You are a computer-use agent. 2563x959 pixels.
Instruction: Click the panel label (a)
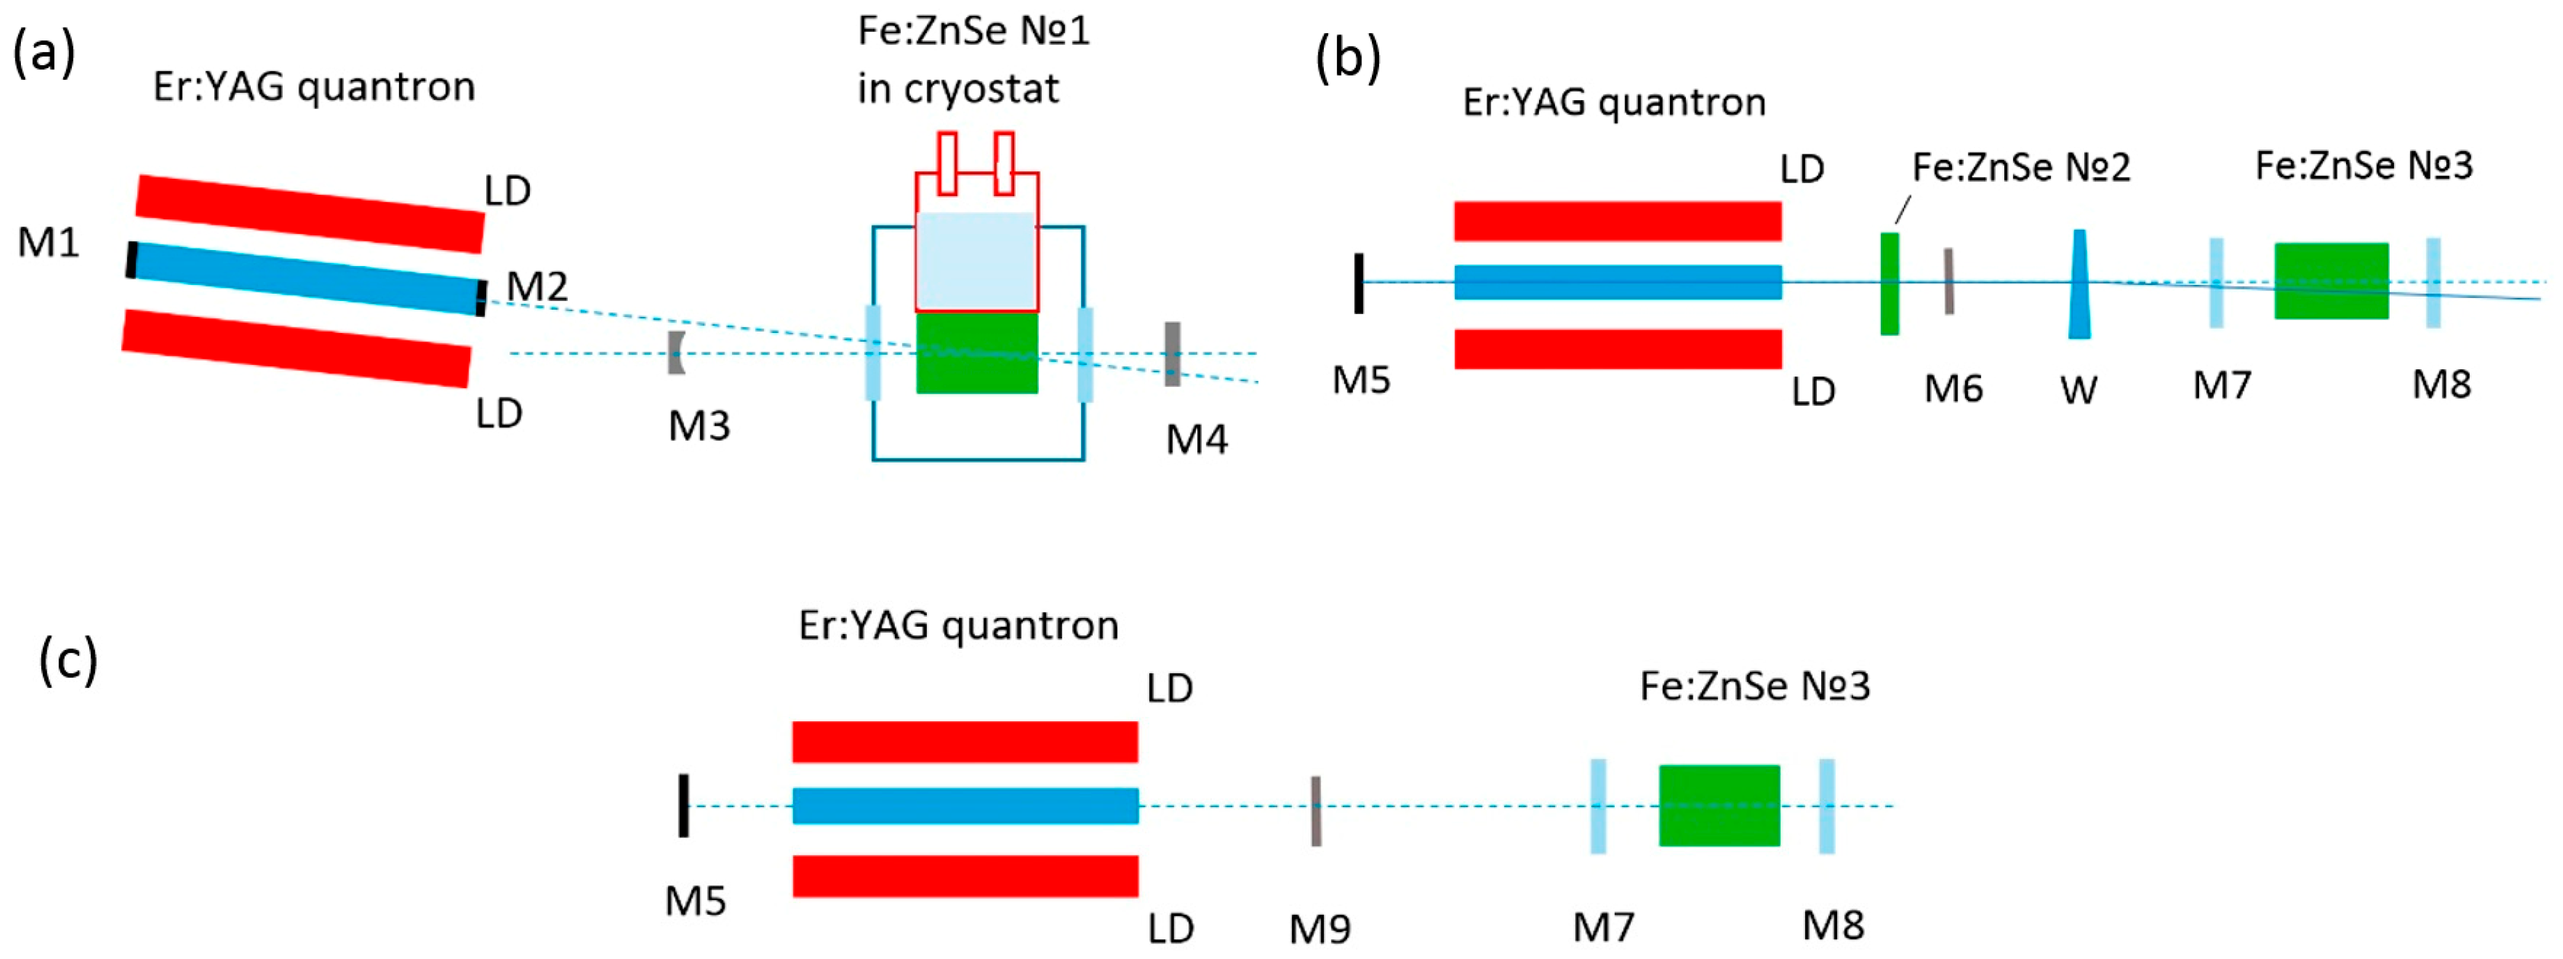point(44,52)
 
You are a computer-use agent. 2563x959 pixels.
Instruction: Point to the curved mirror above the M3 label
point(677,353)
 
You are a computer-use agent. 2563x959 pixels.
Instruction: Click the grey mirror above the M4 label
point(1173,353)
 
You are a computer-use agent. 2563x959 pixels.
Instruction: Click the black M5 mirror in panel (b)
point(1359,283)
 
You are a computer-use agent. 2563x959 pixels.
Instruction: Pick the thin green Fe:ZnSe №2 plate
point(1889,283)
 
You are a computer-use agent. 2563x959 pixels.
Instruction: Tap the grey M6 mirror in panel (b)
point(1949,281)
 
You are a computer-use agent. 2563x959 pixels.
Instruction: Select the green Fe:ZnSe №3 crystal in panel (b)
point(2331,281)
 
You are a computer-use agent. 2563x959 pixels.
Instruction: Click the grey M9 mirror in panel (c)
point(1317,811)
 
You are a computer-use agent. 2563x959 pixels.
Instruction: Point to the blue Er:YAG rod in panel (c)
point(965,806)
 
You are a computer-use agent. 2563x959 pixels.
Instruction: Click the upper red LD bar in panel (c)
point(965,742)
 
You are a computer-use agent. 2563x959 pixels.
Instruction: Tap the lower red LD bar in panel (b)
point(1618,349)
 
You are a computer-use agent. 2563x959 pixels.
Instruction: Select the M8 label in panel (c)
point(1833,925)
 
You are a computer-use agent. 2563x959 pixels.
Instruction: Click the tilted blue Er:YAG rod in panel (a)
point(309,278)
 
